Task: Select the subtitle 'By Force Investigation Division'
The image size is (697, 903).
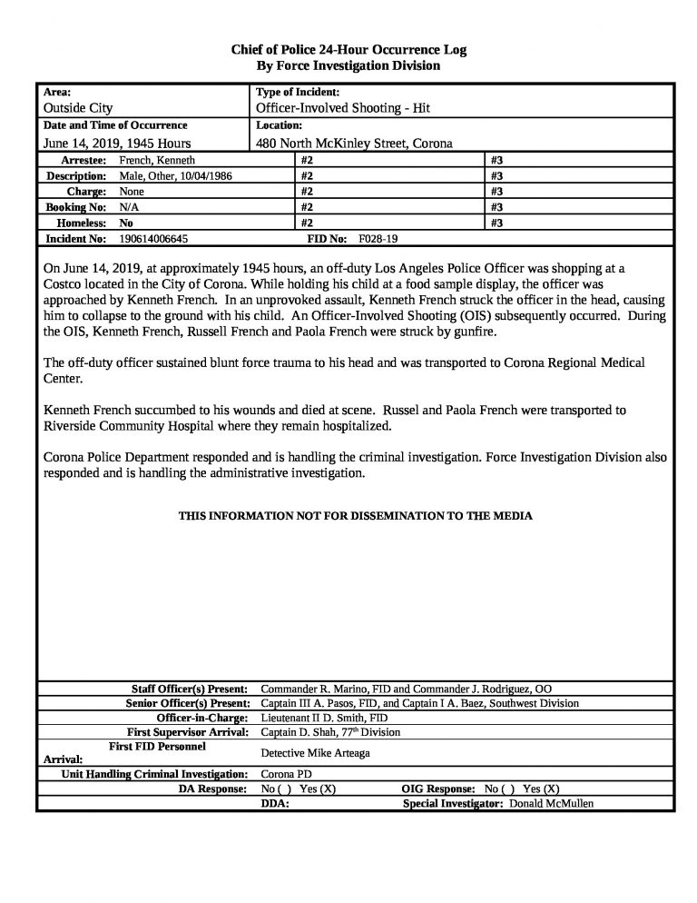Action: click(x=348, y=66)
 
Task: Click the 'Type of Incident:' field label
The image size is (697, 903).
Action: click(x=298, y=93)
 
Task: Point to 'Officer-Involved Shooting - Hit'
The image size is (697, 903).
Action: click(x=343, y=108)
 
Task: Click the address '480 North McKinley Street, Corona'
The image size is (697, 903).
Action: click(x=354, y=143)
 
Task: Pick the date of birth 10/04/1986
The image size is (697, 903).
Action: click(x=205, y=175)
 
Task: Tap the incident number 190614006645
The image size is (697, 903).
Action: click(x=154, y=238)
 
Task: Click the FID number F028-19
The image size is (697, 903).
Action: click(x=378, y=238)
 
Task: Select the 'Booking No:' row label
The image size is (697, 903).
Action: click(x=77, y=207)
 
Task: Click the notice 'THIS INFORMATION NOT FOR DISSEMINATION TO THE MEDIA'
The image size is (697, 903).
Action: click(x=355, y=516)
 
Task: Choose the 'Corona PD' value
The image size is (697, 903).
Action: click(x=285, y=774)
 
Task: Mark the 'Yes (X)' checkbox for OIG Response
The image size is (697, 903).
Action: click(x=542, y=789)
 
